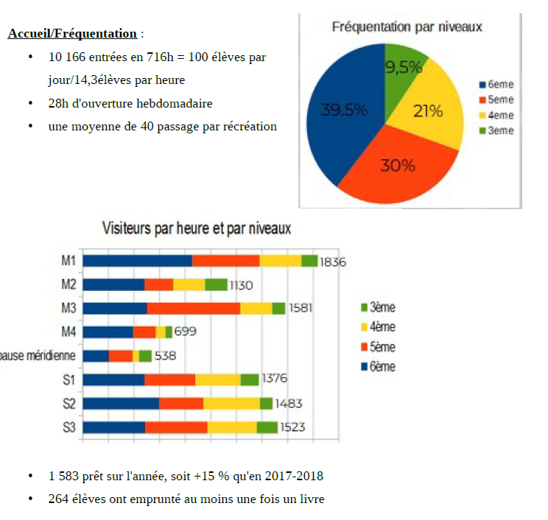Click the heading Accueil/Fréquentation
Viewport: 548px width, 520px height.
pyautogui.click(x=72, y=33)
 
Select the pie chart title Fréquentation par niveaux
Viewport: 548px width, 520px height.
pyautogui.click(x=407, y=27)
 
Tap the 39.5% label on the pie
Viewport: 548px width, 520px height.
pyautogui.click(x=344, y=110)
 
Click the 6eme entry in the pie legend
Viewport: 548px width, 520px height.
pyautogui.click(x=500, y=85)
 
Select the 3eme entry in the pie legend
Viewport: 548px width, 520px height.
pyautogui.click(x=500, y=130)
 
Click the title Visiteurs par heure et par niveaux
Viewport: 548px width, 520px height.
pyautogui.click(x=196, y=228)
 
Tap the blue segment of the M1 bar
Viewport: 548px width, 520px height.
pyautogui.click(x=137, y=261)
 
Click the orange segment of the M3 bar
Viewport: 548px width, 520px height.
pyautogui.click(x=194, y=308)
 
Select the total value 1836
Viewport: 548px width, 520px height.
pyautogui.click(x=333, y=261)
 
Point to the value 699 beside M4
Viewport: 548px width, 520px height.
pyautogui.click(x=186, y=331)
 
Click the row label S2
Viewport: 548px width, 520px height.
pyautogui.click(x=69, y=404)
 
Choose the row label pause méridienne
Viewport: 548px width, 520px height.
pyautogui.click(x=37, y=356)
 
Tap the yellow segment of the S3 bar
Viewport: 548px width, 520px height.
pyautogui.click(x=232, y=427)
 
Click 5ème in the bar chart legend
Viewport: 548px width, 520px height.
pyautogui.click(x=382, y=346)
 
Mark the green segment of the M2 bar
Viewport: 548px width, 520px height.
pyautogui.click(x=216, y=284)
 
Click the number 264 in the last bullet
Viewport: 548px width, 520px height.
pyautogui.click(x=58, y=499)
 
